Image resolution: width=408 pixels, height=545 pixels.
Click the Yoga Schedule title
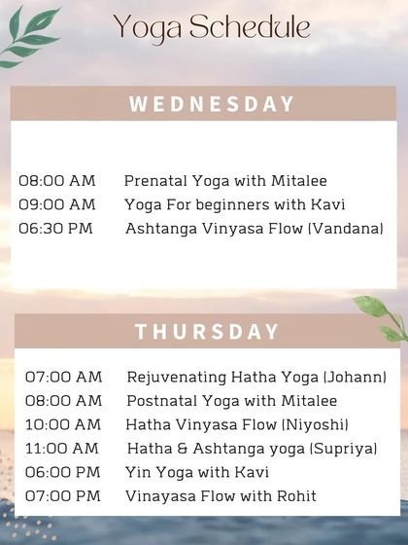(x=211, y=28)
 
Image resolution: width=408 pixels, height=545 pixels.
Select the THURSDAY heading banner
(x=207, y=331)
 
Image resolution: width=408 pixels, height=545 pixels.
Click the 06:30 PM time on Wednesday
(x=57, y=229)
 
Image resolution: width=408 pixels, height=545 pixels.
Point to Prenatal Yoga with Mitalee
(x=225, y=181)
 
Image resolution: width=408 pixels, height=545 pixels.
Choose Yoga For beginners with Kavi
(x=235, y=204)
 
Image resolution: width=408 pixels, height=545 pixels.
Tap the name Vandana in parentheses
(x=356, y=229)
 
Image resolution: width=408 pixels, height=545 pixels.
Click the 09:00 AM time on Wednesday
(x=57, y=204)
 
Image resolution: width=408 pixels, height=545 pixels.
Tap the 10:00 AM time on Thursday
(x=63, y=424)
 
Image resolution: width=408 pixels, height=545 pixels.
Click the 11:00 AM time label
(x=62, y=448)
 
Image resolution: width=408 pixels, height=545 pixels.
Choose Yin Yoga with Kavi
(x=197, y=472)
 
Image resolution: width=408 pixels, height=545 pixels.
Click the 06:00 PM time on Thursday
(x=63, y=472)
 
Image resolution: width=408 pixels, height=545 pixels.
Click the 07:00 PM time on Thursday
(x=63, y=496)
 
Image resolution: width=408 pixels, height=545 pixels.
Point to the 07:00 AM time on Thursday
(x=63, y=377)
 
